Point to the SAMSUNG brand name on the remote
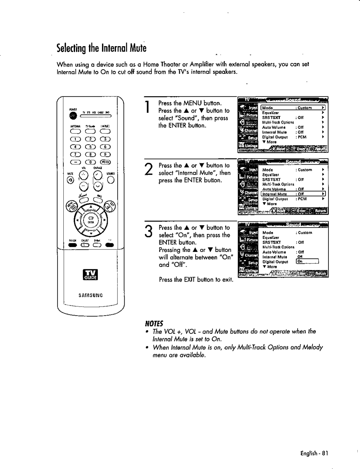coord(91,295)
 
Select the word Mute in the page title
coord(138,48)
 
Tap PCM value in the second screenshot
coord(302,199)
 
